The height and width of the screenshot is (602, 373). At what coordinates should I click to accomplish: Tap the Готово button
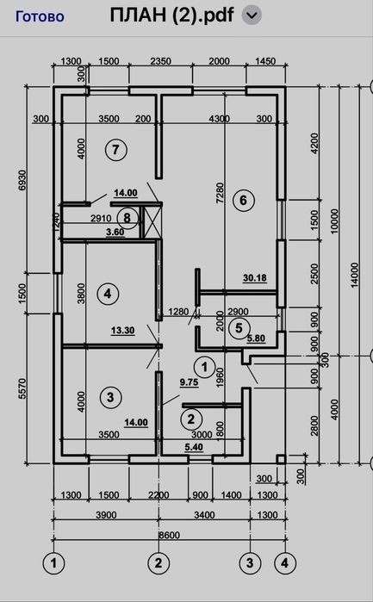coord(40,16)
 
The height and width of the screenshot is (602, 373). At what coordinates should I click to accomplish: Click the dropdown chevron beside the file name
coord(252,16)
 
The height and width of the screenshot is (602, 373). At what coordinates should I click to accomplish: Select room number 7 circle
coord(115,149)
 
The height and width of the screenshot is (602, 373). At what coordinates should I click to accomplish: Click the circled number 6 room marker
coord(243,200)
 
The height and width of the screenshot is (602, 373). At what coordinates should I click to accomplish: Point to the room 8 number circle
coord(127,218)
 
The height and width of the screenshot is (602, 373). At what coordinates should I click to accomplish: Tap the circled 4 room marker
coord(108,294)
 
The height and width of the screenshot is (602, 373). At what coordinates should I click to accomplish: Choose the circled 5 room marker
coord(239,328)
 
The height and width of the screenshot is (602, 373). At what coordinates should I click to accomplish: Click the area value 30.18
coord(255,278)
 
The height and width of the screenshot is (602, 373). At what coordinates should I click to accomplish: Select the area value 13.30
coord(123,331)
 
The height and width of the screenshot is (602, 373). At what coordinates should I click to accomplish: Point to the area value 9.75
coord(189,382)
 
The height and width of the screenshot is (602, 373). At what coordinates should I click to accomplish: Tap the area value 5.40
coord(194,447)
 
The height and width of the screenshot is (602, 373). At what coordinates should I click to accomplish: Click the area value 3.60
coord(115,233)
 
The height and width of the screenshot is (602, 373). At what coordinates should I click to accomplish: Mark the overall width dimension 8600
coord(169,535)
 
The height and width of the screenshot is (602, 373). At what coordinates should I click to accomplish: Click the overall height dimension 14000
coord(354,275)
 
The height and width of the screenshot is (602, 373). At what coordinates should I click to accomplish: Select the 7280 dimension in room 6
coord(221,193)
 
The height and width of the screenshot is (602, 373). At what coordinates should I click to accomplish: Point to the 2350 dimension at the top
coord(160,61)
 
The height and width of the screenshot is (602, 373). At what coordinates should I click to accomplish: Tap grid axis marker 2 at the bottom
coord(159,563)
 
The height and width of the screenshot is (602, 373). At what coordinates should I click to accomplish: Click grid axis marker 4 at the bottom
coord(284,563)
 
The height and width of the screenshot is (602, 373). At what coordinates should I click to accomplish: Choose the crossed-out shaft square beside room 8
coord(152,221)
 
